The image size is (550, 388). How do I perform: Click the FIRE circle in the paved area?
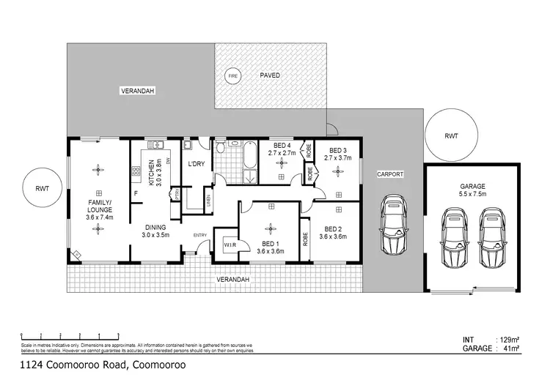point(232,76)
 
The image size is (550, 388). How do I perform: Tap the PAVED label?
point(269,75)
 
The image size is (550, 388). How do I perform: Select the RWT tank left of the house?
point(42,189)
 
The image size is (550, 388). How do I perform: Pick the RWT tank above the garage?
point(451,136)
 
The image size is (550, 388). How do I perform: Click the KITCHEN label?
point(151,173)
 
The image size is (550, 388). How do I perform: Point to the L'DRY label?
point(196,163)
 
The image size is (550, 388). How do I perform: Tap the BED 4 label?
point(282,145)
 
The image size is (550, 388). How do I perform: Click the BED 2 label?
point(334,228)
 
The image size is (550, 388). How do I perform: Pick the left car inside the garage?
point(455,237)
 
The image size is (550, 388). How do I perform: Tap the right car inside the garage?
point(492,238)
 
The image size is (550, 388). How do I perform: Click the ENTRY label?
point(199,234)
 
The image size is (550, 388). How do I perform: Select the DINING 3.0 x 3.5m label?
point(155,232)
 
